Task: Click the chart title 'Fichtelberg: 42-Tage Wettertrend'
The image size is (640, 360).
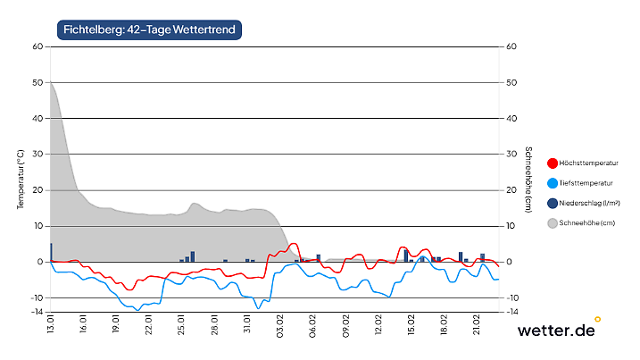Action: click(x=149, y=30)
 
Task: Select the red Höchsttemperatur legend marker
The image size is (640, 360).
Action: click(x=553, y=163)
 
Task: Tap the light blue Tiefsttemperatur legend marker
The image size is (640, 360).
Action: click(x=553, y=183)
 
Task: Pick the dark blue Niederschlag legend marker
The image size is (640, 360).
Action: click(x=553, y=203)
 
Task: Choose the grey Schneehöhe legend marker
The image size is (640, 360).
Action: click(x=553, y=222)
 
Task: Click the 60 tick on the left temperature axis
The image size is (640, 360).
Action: click(x=38, y=46)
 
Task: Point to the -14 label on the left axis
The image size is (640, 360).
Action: click(x=37, y=312)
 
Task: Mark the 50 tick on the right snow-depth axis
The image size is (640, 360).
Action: click(x=511, y=82)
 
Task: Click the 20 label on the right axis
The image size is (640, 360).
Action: click(x=511, y=190)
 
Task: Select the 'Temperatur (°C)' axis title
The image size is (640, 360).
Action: click(x=21, y=179)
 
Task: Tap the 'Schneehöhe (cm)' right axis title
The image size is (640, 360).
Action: click(x=529, y=179)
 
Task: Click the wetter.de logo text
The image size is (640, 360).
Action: click(x=556, y=331)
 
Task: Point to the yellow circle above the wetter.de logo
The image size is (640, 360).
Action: click(x=598, y=318)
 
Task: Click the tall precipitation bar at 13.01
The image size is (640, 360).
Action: click(x=51, y=252)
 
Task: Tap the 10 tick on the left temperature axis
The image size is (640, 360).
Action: click(x=38, y=226)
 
